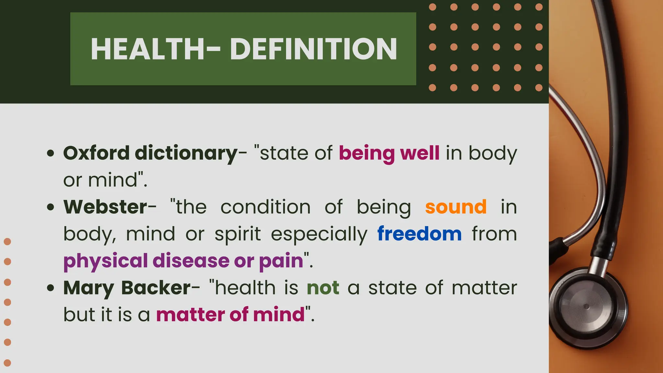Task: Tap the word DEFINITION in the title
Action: click(313, 49)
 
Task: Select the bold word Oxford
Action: click(96, 153)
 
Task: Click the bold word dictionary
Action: click(186, 153)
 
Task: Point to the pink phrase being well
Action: click(389, 153)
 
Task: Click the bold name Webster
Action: click(106, 207)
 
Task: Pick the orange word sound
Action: click(456, 207)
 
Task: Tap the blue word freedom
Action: click(420, 234)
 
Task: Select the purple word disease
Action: click(191, 261)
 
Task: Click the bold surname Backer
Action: click(156, 288)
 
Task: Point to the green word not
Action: click(323, 288)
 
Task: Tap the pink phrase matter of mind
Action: click(230, 315)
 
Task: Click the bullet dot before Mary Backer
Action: click(51, 288)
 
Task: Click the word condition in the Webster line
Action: click(265, 207)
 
